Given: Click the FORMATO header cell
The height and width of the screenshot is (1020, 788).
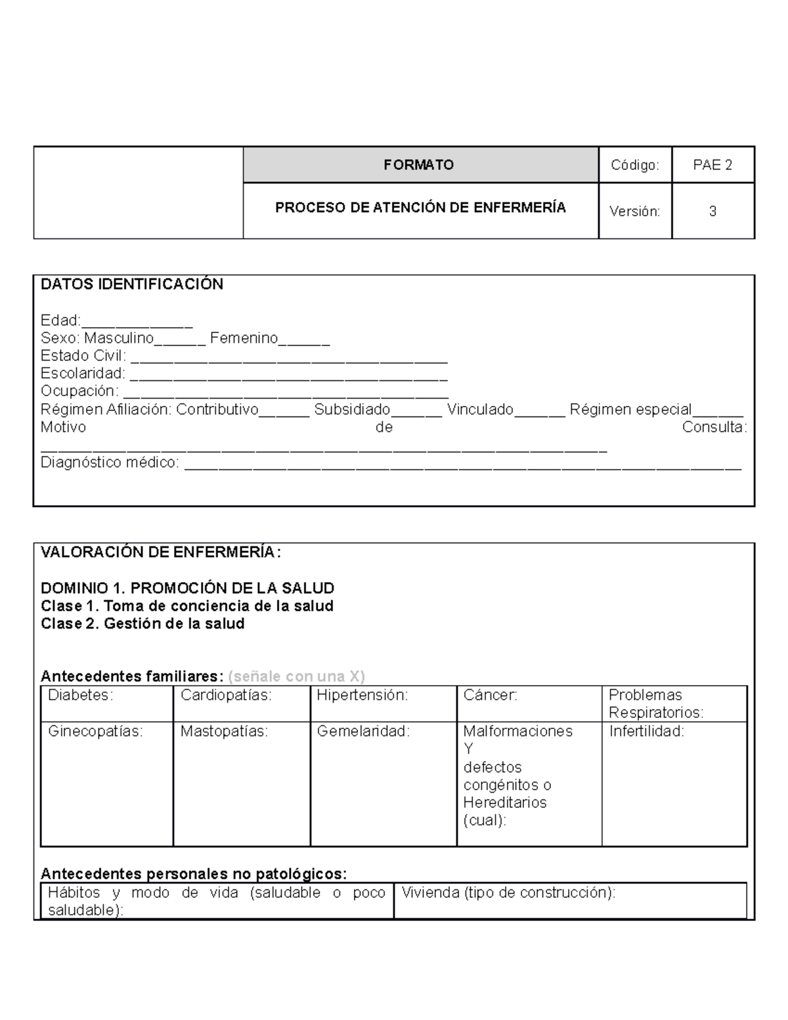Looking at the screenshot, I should pos(420,165).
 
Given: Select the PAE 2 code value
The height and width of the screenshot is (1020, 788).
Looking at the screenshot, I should pos(712,165).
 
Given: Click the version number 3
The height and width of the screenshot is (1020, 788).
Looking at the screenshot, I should pos(712,211).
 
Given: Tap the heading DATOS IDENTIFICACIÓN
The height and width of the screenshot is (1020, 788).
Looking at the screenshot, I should pos(132,284).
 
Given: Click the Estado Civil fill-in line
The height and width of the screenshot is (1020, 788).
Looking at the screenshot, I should pos(289,358).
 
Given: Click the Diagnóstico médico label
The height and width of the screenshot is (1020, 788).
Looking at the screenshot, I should pos(110,463).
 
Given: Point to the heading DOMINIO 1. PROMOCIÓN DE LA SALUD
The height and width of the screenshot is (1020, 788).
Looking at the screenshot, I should pos(188,588).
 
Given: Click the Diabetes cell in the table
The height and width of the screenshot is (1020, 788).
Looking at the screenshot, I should pos(107,703).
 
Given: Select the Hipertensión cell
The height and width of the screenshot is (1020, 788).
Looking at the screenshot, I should pos(383,703).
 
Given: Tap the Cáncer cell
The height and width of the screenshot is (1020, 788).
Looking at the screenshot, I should pos(529,703).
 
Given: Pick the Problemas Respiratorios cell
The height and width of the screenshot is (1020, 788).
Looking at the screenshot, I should pos(674,703).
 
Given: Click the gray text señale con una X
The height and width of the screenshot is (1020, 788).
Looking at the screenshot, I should pos(296,676).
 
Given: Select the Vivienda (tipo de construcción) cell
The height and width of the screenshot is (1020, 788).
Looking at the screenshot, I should pos(570,900).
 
